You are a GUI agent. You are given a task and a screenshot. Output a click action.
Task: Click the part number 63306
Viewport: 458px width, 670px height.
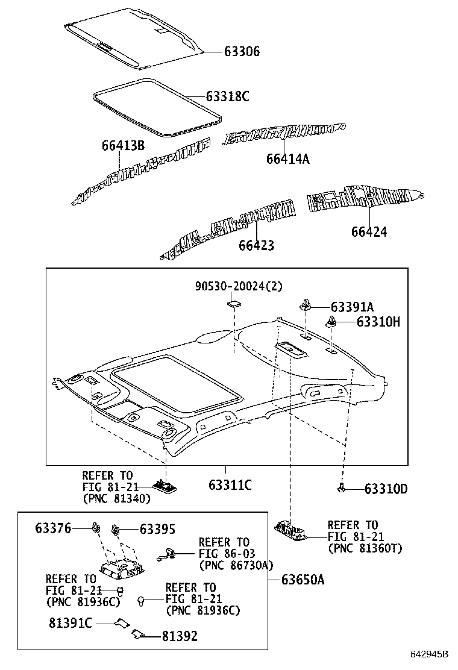233,52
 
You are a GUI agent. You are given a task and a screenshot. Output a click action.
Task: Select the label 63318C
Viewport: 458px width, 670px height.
227,96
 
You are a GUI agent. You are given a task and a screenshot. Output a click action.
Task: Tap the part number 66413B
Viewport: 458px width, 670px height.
123,146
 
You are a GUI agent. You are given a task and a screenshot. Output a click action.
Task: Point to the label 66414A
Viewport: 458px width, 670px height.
287,158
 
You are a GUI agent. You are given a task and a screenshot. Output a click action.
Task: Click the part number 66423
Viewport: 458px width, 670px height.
256,245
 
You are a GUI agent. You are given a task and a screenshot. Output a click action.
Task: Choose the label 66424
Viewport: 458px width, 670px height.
369,232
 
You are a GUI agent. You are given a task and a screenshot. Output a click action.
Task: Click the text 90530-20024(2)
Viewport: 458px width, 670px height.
237,287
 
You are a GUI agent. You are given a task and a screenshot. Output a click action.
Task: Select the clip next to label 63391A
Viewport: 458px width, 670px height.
305,306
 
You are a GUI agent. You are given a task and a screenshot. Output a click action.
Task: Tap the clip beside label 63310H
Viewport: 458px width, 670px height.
331,322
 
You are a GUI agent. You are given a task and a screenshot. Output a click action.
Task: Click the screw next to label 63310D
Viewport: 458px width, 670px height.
342,487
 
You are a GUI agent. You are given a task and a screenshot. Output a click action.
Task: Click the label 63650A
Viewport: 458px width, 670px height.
303,580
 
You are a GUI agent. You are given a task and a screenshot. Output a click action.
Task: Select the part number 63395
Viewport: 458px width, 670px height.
157,530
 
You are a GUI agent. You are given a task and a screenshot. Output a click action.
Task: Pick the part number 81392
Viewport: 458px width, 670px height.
179,636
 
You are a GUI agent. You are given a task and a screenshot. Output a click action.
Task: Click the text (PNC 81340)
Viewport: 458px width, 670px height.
117,499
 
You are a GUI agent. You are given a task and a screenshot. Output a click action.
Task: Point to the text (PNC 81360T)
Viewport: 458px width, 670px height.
365,548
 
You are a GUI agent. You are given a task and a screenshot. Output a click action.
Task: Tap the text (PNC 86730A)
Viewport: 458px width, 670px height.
236,565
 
